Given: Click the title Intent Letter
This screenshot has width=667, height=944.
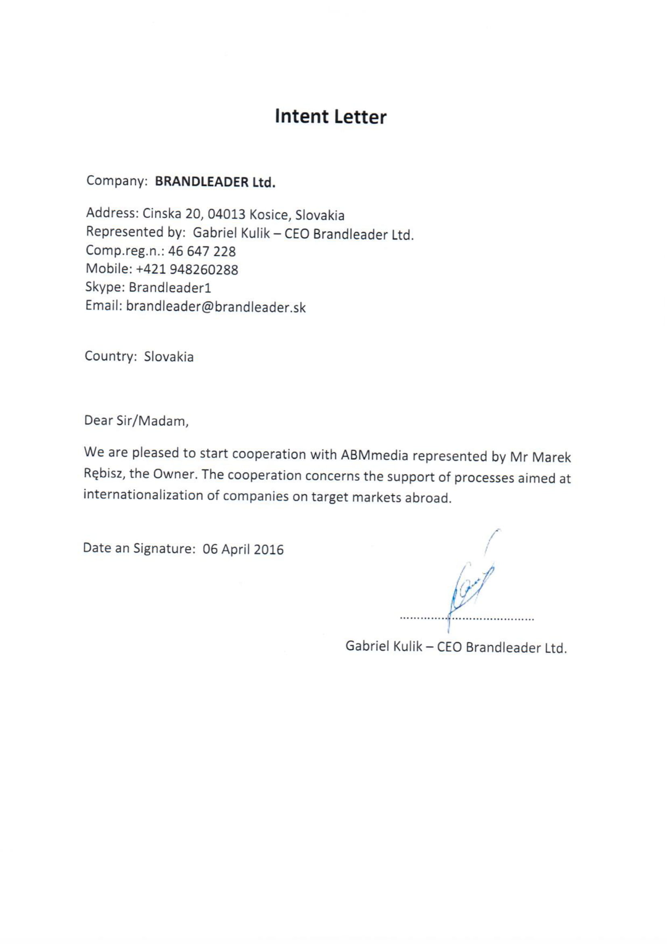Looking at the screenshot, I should point(330,117).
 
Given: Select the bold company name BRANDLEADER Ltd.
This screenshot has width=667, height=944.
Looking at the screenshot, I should point(215,182).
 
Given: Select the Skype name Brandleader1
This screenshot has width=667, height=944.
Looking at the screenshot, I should point(170,287).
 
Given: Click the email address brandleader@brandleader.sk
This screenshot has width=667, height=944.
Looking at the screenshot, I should point(216,307).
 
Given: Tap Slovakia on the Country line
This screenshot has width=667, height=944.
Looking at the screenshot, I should point(169,356).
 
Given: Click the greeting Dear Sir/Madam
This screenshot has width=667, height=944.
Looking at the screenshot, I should point(136,421).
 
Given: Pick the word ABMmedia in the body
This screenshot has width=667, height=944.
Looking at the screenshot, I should point(374,455).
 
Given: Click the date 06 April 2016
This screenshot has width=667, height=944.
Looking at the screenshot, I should point(243,549).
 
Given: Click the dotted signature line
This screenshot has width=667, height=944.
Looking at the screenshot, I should point(466,618).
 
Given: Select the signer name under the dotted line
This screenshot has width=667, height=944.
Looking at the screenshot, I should point(456,647).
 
